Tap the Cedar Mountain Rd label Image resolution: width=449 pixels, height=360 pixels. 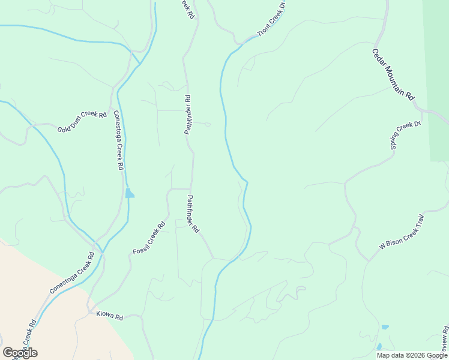(x=393, y=74)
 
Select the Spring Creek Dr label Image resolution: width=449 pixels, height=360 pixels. (x=406, y=135)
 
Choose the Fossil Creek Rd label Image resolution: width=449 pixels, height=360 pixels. (x=148, y=238)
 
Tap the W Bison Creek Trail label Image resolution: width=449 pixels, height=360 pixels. (x=402, y=232)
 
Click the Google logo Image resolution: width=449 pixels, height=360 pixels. (x=20, y=353)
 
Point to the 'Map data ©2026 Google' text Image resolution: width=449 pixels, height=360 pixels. (x=412, y=355)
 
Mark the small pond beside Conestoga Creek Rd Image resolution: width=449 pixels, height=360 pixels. (x=130, y=193)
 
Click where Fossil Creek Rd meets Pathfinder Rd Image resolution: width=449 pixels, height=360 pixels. (x=191, y=188)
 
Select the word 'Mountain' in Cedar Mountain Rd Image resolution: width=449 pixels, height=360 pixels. (x=393, y=74)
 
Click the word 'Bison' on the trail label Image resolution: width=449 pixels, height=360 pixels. (x=399, y=234)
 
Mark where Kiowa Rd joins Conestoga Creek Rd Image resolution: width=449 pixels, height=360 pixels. (x=90, y=312)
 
